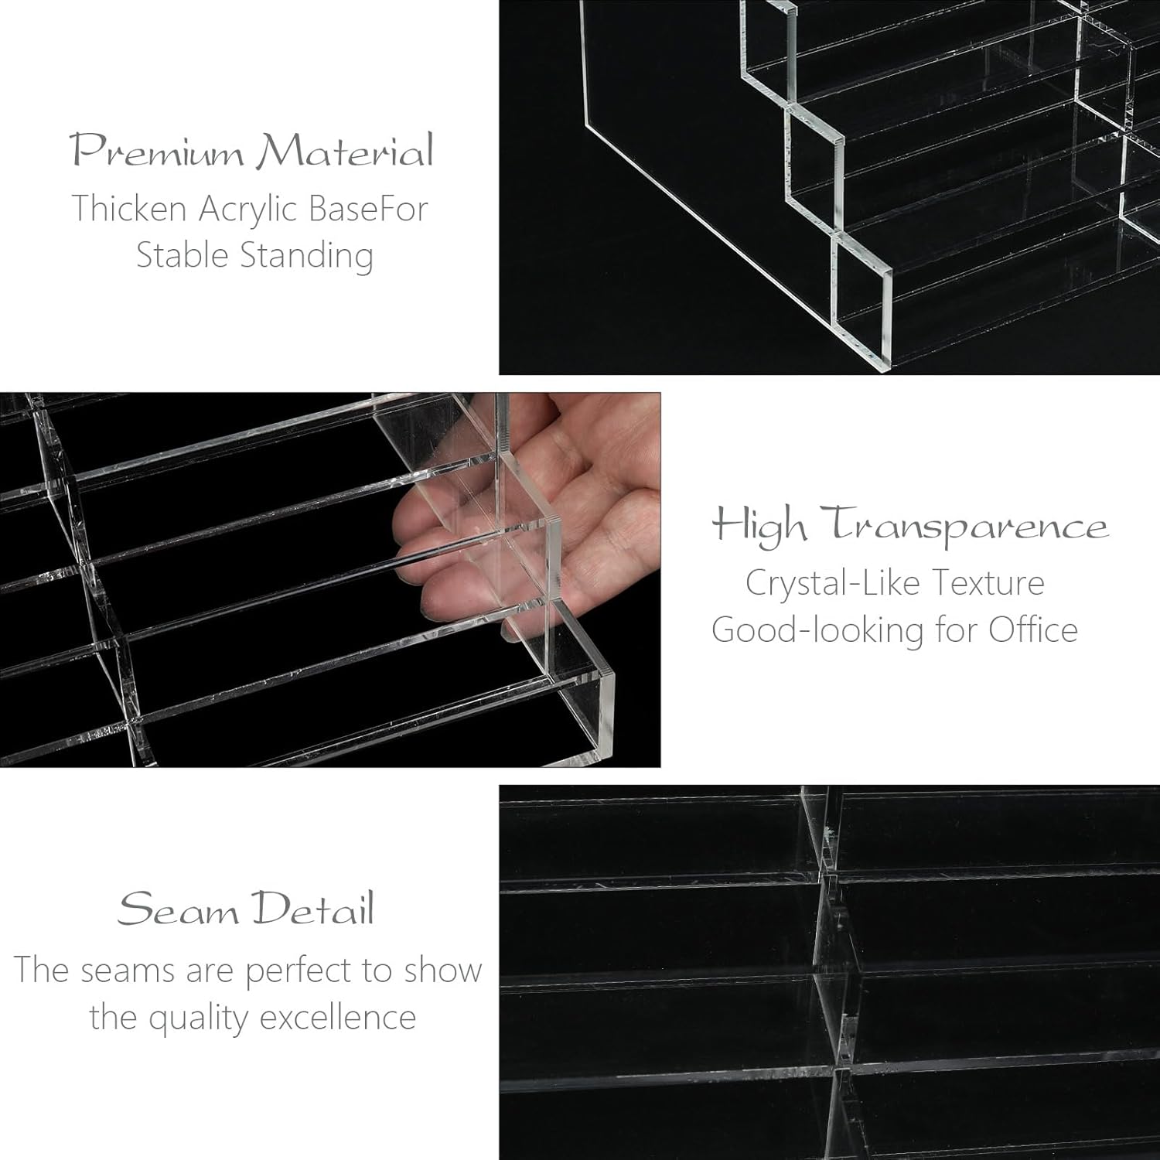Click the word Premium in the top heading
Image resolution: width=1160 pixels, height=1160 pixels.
pyautogui.click(x=158, y=151)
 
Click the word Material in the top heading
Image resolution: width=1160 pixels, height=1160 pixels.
pyautogui.click(x=344, y=151)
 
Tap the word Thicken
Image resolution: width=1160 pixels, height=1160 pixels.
pyautogui.click(x=129, y=209)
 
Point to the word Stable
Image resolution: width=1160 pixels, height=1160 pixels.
pyautogui.click(x=182, y=256)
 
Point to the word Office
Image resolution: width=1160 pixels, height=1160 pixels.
pyautogui.click(x=1033, y=629)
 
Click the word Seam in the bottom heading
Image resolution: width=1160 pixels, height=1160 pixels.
pyautogui.click(x=178, y=909)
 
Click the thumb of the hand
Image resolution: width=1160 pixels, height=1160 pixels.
pyautogui.click(x=541, y=433)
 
